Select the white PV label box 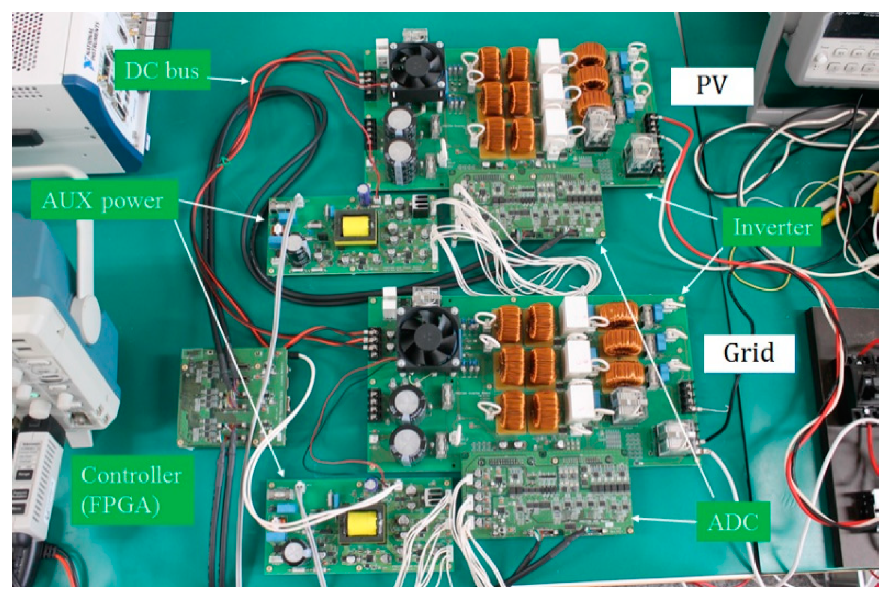coord(711,86)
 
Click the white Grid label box coord(748,353)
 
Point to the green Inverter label coord(772,227)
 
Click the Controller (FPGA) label coord(131,490)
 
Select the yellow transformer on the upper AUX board coord(355,227)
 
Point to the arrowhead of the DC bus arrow coord(247,82)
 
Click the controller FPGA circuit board coord(232,397)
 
